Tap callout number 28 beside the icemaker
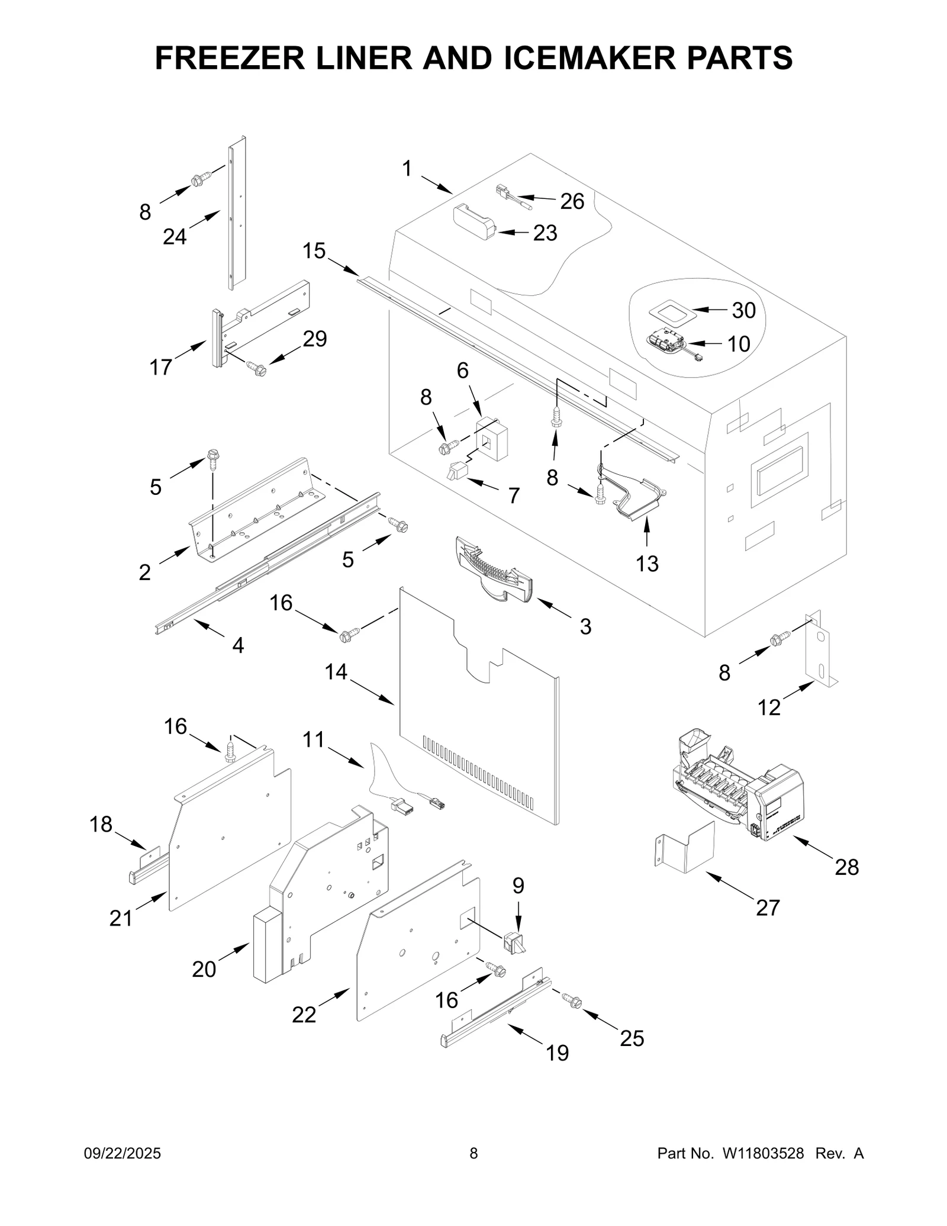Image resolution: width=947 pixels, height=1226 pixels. pos(846,867)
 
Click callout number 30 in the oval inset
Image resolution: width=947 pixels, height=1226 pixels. pos(744,310)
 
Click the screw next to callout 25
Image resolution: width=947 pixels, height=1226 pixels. pos(574,1002)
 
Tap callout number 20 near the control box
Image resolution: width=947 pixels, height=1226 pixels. pos(204,969)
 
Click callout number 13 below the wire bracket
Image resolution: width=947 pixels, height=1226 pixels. pos(647,564)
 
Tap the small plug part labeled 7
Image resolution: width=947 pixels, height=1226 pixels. pos(456,472)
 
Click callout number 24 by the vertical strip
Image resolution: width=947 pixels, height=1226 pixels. pos(175,237)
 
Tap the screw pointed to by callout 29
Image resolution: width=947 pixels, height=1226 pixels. pos(258,369)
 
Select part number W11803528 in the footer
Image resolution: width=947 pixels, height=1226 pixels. pos(762,1154)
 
